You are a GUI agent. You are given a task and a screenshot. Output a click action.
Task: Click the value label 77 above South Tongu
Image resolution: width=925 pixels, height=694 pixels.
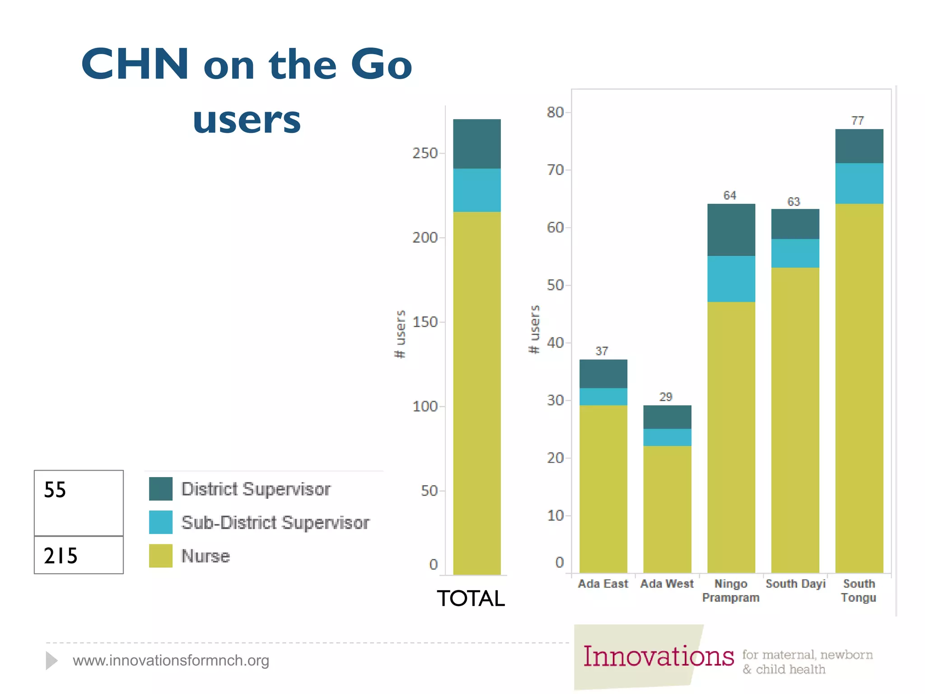[857, 121]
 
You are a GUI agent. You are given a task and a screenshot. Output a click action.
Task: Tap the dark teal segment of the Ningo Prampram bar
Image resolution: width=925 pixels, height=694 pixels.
[731, 230]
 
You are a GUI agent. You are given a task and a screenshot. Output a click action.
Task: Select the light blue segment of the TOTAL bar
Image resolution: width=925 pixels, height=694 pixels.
[477, 190]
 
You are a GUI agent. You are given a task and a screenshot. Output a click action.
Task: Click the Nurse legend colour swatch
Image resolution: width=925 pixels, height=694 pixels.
[160, 555]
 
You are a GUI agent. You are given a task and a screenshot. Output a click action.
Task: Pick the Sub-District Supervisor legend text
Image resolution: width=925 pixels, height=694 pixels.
[275, 522]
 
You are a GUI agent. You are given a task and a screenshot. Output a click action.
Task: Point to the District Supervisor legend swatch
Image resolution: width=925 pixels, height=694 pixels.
[160, 489]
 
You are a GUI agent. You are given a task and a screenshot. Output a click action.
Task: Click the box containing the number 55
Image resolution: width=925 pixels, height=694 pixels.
[79, 502]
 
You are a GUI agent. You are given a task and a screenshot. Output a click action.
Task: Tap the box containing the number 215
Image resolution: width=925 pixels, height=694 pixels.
[79, 555]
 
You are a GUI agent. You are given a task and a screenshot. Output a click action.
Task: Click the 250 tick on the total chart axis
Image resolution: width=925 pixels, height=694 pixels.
[425, 153]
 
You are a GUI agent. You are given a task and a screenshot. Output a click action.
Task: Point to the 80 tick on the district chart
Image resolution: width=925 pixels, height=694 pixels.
[555, 112]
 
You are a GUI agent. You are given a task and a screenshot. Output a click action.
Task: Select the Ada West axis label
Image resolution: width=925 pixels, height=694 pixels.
[667, 584]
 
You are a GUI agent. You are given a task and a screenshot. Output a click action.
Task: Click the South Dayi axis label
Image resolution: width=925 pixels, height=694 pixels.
[795, 584]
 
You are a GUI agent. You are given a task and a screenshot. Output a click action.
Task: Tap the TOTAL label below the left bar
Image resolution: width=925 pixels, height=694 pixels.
[471, 598]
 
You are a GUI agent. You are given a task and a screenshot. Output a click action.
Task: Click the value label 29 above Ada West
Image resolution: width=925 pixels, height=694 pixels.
[666, 397]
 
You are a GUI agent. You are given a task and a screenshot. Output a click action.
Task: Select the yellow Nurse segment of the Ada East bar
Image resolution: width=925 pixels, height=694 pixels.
[603, 488]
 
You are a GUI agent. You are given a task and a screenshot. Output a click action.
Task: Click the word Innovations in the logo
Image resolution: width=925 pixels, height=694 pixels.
[658, 656]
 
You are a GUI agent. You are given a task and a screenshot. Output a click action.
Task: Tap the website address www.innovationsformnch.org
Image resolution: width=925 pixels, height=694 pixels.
[171, 661]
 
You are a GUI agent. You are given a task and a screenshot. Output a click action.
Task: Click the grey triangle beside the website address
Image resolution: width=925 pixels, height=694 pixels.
[51, 661]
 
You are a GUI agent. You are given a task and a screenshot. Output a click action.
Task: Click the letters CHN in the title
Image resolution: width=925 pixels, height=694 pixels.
[135, 64]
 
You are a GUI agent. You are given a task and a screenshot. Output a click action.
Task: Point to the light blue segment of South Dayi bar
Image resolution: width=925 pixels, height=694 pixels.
[795, 253]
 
